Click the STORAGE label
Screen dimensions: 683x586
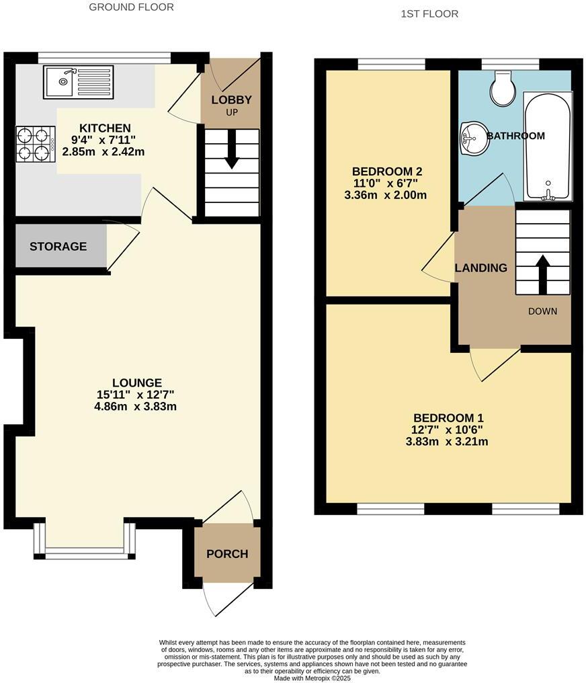tap(58, 247)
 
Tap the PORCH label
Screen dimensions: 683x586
tap(227, 554)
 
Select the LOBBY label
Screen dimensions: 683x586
tap(231, 100)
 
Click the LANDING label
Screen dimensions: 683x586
tap(481, 268)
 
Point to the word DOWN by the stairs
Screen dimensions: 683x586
tap(543, 311)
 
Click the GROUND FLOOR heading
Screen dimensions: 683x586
tap(132, 7)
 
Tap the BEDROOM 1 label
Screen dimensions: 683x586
tap(448, 417)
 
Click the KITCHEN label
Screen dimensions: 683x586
tap(105, 128)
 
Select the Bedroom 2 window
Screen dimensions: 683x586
tap(391, 64)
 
